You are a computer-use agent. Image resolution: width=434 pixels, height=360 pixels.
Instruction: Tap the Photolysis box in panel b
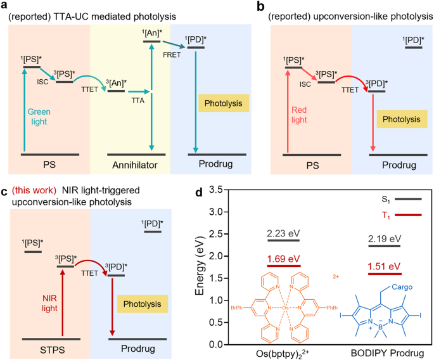click(399, 119)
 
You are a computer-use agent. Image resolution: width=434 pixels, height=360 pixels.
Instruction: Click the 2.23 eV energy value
click(283, 234)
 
